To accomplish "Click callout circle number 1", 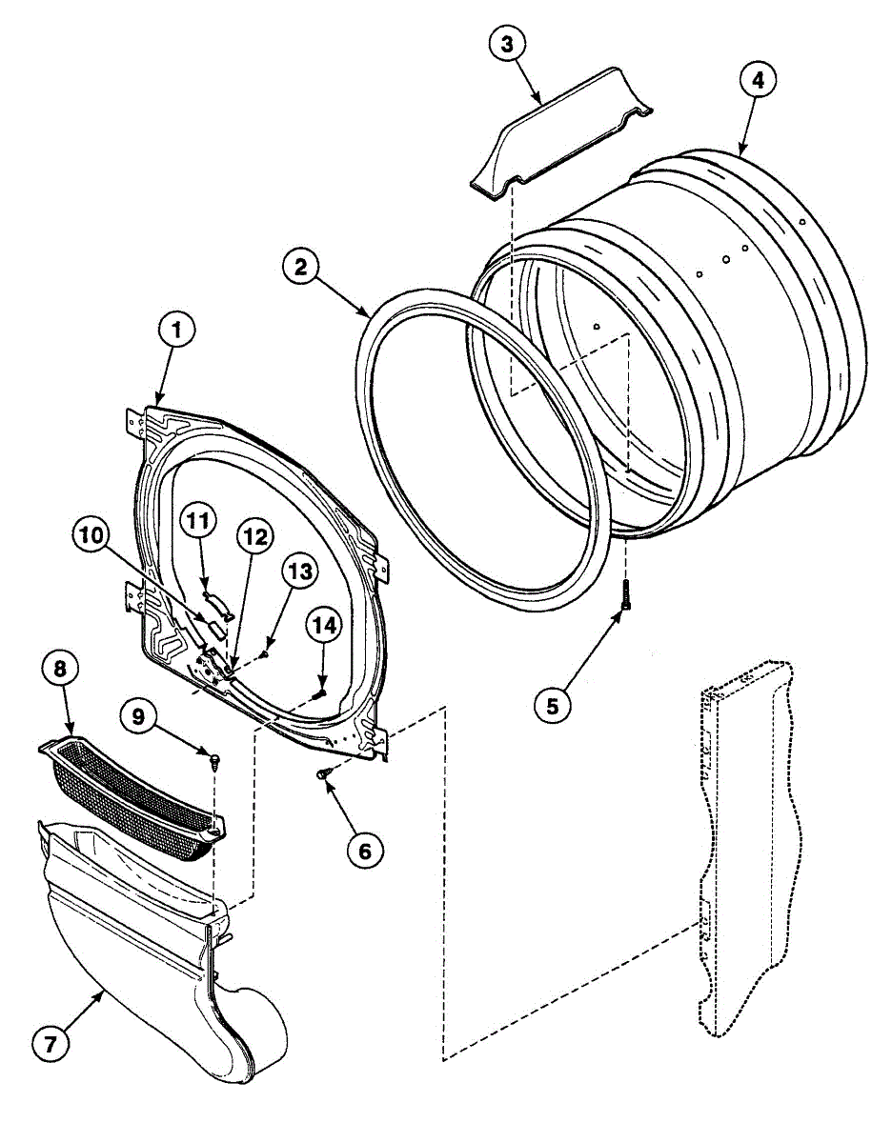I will click(176, 332).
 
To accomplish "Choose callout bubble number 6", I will click(365, 850).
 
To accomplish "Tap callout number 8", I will click(60, 670).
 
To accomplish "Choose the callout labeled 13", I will click(297, 572).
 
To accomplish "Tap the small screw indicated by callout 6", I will click(326, 776).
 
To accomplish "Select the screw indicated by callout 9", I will click(214, 759).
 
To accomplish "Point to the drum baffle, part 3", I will click(562, 133).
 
